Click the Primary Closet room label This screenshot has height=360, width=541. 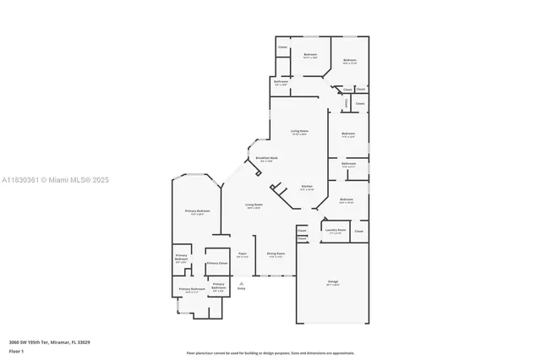(x=217, y=263)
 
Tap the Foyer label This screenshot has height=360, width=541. (x=242, y=253)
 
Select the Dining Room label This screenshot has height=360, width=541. (x=276, y=253)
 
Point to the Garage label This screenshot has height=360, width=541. (x=332, y=281)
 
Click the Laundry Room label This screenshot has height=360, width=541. (x=336, y=229)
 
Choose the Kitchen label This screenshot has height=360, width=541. (x=307, y=186)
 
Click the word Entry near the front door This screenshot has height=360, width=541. (x=241, y=289)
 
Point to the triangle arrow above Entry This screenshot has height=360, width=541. (x=241, y=283)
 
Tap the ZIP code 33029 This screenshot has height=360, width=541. (x=85, y=342)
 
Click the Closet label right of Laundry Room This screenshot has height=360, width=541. (x=358, y=231)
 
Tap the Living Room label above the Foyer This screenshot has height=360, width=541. (x=254, y=205)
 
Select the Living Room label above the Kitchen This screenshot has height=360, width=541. (x=299, y=131)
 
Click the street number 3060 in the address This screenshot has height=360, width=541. (x=14, y=342)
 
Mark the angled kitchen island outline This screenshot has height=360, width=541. (x=277, y=188)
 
